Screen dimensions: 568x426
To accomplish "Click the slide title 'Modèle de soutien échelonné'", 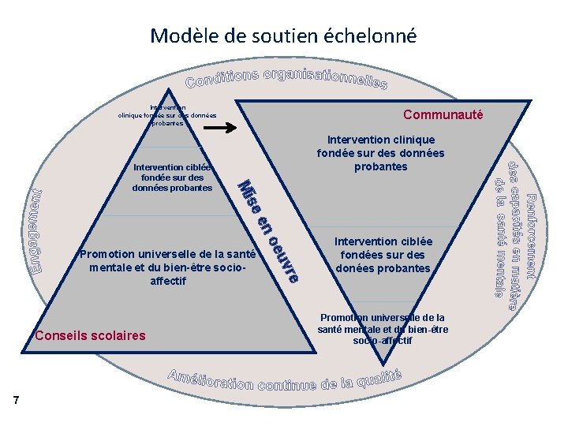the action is click(283, 35).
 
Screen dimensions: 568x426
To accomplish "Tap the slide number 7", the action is click(16, 402).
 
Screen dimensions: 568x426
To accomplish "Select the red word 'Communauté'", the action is click(443, 114).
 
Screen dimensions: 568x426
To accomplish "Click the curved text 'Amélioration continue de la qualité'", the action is click(285, 381).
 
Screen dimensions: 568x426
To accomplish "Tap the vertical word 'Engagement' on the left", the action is click(36, 234).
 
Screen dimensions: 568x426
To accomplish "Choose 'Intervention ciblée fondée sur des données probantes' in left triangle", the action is click(172, 177).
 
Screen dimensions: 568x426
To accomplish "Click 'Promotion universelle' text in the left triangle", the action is click(167, 267).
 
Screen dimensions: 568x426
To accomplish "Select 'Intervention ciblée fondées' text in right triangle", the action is click(383, 254).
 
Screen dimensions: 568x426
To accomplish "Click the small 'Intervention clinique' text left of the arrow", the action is click(167, 115).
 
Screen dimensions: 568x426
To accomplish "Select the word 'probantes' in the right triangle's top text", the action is click(380, 167).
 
